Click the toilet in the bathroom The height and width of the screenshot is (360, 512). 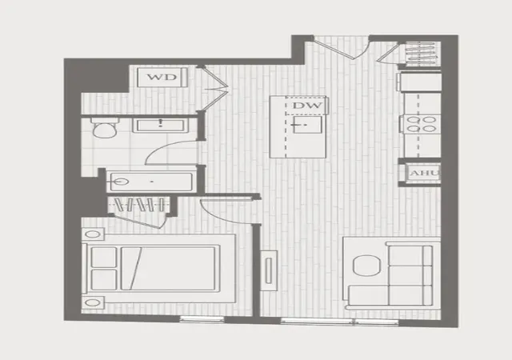click(105, 128)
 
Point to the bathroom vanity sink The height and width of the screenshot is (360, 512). click(160, 126)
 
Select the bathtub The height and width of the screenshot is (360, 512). click(151, 182)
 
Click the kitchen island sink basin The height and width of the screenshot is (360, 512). click(307, 125)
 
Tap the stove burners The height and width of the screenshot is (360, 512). click(422, 124)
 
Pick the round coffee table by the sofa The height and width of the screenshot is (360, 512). click(366, 266)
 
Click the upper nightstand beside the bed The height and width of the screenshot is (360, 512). click(93, 234)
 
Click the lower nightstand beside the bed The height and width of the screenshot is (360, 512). click(93, 302)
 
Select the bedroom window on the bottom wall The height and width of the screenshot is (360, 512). click(202, 319)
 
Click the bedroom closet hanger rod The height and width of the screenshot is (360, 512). click(139, 205)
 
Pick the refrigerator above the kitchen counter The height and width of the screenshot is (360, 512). click(419, 82)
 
